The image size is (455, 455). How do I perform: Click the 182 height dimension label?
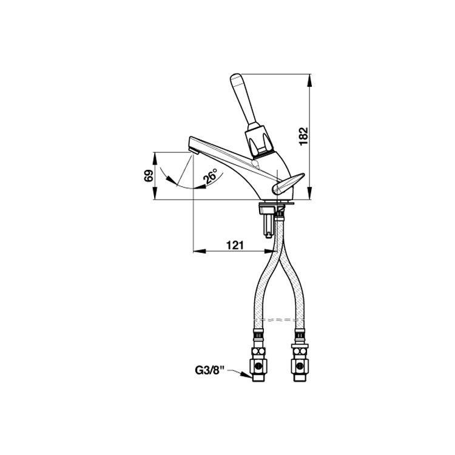(303, 136)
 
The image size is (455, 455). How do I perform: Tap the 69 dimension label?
(149, 176)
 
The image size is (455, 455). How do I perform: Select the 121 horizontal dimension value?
(234, 245)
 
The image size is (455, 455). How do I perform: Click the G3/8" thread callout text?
(210, 370)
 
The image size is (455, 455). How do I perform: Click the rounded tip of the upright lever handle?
(234, 78)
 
